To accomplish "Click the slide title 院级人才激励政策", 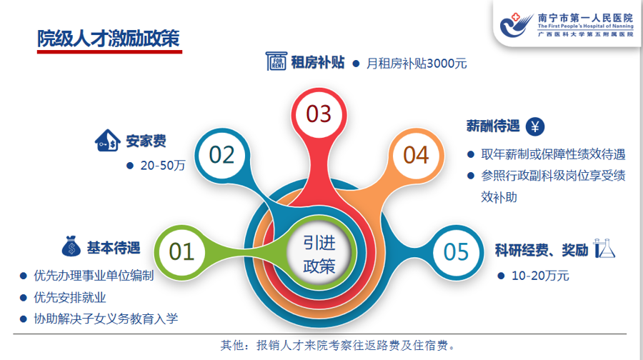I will point(109,39).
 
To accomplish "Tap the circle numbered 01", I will point(181,251).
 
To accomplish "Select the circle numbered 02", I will point(221,154).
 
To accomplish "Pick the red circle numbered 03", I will point(319,114).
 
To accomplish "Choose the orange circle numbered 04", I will point(415,155).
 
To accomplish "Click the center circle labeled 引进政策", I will point(319,254).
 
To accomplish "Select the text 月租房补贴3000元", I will point(417,64).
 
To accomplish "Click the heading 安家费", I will point(146,140).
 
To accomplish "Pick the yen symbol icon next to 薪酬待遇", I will point(536,126).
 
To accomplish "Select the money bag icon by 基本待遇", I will point(69,247).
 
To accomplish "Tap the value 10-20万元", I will point(540,275).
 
